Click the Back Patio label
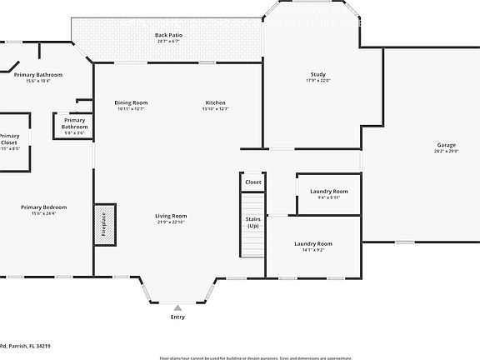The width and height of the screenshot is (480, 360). (168, 35)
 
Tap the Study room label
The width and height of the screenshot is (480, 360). (317, 74)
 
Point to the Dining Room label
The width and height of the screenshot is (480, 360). (131, 102)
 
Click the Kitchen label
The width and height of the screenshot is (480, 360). (216, 102)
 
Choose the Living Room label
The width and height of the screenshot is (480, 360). (170, 216)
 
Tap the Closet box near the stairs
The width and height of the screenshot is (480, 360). (252, 182)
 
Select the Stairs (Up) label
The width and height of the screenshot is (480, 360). (252, 222)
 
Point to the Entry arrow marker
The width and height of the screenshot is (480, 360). (177, 307)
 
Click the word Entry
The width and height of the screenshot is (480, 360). (177, 317)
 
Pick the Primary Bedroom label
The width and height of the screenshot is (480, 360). (44, 207)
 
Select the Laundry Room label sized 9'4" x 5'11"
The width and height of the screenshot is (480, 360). (328, 191)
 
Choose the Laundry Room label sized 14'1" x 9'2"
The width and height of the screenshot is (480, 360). (312, 243)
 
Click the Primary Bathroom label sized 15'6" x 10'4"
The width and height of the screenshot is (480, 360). (38, 75)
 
